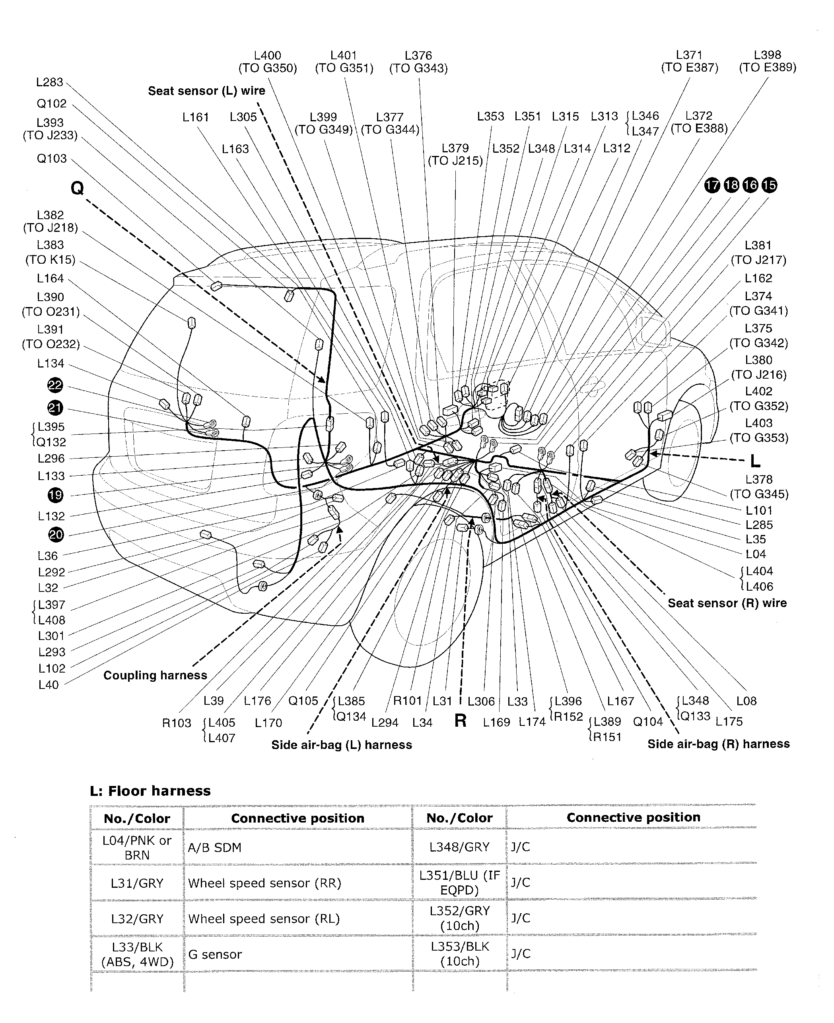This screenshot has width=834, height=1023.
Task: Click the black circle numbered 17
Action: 712,185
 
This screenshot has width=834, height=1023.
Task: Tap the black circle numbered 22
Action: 55,385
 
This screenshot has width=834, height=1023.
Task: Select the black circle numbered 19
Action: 55,495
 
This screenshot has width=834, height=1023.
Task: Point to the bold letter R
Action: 460,720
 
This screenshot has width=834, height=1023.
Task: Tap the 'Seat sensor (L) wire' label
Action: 206,91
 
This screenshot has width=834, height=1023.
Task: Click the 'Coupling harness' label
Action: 155,675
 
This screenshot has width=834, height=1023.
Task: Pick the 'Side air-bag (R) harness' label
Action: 718,744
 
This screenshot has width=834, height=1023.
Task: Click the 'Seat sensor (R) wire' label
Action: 727,603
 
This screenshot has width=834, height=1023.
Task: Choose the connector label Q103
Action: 51,159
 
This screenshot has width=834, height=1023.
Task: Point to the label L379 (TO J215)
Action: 455,154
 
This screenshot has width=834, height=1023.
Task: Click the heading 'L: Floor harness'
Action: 150,791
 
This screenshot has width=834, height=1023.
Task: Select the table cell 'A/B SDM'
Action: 214,848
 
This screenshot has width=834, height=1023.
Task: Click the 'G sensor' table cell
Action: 215,954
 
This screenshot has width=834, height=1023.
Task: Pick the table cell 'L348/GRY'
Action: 459,847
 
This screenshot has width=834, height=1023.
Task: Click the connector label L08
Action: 746,701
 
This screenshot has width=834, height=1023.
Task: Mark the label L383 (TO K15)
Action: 51,252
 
